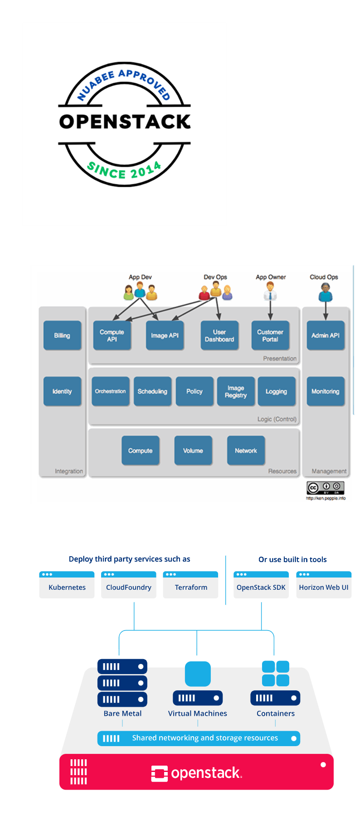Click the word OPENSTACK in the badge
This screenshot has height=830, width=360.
(125, 121)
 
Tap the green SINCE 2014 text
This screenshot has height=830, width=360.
(124, 171)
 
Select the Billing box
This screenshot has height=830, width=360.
(62, 335)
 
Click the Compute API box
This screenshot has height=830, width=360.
(112, 335)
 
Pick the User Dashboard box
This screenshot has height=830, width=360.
(219, 335)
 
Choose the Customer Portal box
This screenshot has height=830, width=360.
(270, 335)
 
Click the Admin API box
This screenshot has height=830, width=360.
(326, 335)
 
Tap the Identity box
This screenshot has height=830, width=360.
(62, 391)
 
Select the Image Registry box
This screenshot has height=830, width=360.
(236, 391)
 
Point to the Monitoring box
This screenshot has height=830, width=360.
(326, 391)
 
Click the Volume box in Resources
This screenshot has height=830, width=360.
(193, 451)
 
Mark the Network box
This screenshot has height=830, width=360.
(246, 451)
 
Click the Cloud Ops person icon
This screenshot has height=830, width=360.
(325, 292)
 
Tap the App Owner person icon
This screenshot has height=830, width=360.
(270, 291)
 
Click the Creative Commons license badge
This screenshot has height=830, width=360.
(326, 488)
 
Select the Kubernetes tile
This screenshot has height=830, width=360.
(67, 585)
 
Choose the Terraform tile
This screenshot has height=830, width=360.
(190, 585)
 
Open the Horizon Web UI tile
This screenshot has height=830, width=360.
(324, 585)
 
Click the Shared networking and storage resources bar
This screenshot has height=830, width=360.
(199, 738)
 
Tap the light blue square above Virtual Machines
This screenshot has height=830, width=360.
(198, 674)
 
